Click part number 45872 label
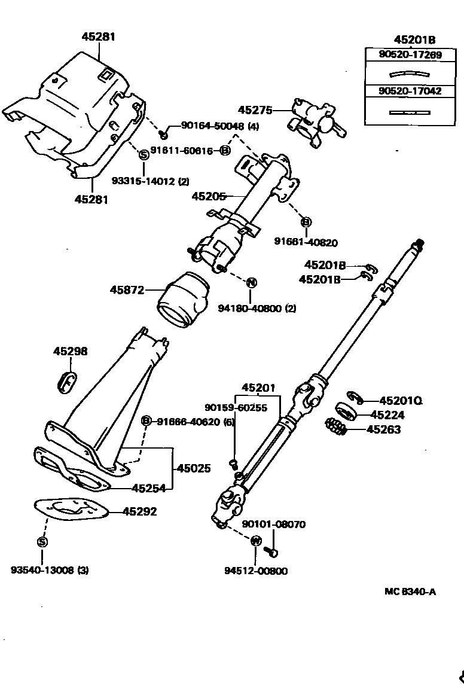click(x=127, y=290)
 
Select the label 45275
click(x=255, y=110)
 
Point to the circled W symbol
click(x=255, y=541)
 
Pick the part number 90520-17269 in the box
click(x=410, y=54)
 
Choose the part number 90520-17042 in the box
click(x=410, y=91)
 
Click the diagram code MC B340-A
click(x=410, y=592)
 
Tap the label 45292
click(x=140, y=511)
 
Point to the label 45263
click(x=383, y=429)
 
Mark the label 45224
click(x=387, y=414)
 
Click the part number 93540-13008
click(x=42, y=571)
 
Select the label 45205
click(x=209, y=196)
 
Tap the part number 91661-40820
click(x=306, y=242)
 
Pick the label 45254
click(x=148, y=488)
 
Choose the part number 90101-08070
click(x=273, y=525)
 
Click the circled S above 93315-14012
click(x=144, y=154)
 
